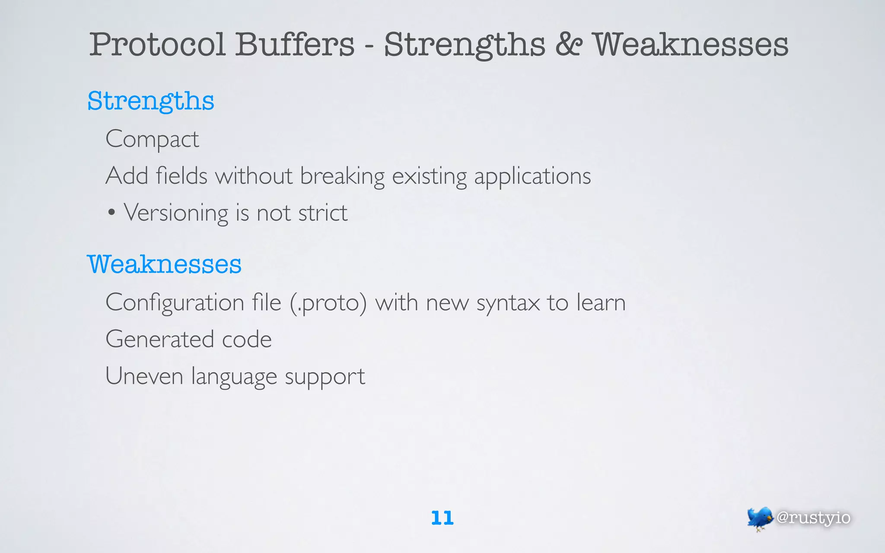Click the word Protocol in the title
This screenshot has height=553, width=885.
157,44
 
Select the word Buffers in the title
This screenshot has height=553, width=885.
295,44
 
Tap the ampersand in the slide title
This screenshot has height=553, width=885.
569,44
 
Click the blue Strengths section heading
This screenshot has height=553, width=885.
151,102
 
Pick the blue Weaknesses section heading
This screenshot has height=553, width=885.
164,264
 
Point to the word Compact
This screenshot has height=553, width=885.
152,140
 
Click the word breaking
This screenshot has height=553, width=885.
342,176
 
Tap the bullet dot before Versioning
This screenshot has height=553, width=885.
111,213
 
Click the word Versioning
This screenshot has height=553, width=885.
176,213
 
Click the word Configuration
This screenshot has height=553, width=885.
175,302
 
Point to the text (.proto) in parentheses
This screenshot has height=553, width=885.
328,303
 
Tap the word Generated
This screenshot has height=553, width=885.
159,339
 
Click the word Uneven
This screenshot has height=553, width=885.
144,376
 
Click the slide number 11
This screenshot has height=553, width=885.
442,518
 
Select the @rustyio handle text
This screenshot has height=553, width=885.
813,518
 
